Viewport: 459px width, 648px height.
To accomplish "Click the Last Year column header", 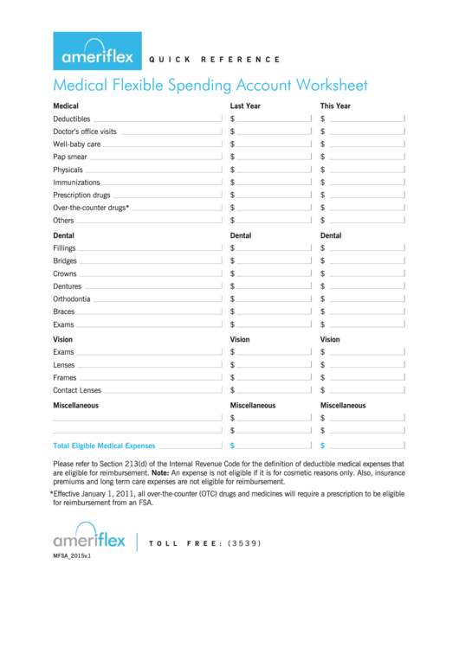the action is (245, 106).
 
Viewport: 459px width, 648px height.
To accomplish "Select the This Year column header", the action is (335, 106).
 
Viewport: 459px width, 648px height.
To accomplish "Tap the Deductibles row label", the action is (71, 119).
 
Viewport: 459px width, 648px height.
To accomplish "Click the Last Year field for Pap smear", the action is (274, 157).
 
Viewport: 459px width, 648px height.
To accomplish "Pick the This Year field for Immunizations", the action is (365, 183).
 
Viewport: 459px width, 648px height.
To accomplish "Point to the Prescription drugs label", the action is (81, 195).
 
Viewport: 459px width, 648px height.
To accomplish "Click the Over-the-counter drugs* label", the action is (91, 208).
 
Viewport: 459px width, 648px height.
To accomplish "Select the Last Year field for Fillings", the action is (274, 248).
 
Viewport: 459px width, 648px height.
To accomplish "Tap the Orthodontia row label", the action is (71, 299).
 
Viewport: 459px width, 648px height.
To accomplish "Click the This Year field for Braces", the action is (365, 311).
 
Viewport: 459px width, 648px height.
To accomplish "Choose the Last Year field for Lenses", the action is (274, 365).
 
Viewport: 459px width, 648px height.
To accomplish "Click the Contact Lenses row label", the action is (77, 390).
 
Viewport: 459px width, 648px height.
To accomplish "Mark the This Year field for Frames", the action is (365, 378).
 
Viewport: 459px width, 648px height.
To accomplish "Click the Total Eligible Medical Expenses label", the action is (104, 446).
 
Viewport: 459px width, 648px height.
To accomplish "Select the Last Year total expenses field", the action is (274, 446).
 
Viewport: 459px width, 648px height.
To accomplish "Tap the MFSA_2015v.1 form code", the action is (72, 557).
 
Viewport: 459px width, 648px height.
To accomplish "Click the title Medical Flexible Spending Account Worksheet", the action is (210, 85).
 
